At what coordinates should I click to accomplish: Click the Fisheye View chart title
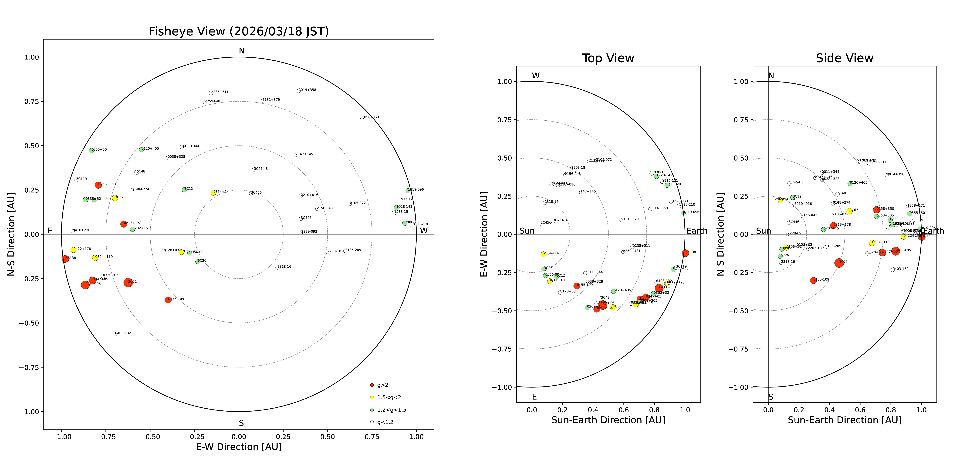coord(239,31)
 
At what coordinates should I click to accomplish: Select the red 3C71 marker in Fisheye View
coord(128,283)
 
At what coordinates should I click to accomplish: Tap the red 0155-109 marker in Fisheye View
coord(168,300)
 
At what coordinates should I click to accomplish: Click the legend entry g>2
coord(382,385)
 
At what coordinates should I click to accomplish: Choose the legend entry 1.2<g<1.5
coord(391,410)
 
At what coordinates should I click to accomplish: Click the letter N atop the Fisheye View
coord(242,51)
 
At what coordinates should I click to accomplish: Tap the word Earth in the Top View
coord(697,231)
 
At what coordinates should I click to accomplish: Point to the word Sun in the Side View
coord(763,231)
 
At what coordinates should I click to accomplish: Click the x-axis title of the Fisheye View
coord(239,447)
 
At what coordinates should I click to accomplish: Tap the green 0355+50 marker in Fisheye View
coord(91,150)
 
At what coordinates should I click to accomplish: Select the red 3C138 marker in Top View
coord(685,253)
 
